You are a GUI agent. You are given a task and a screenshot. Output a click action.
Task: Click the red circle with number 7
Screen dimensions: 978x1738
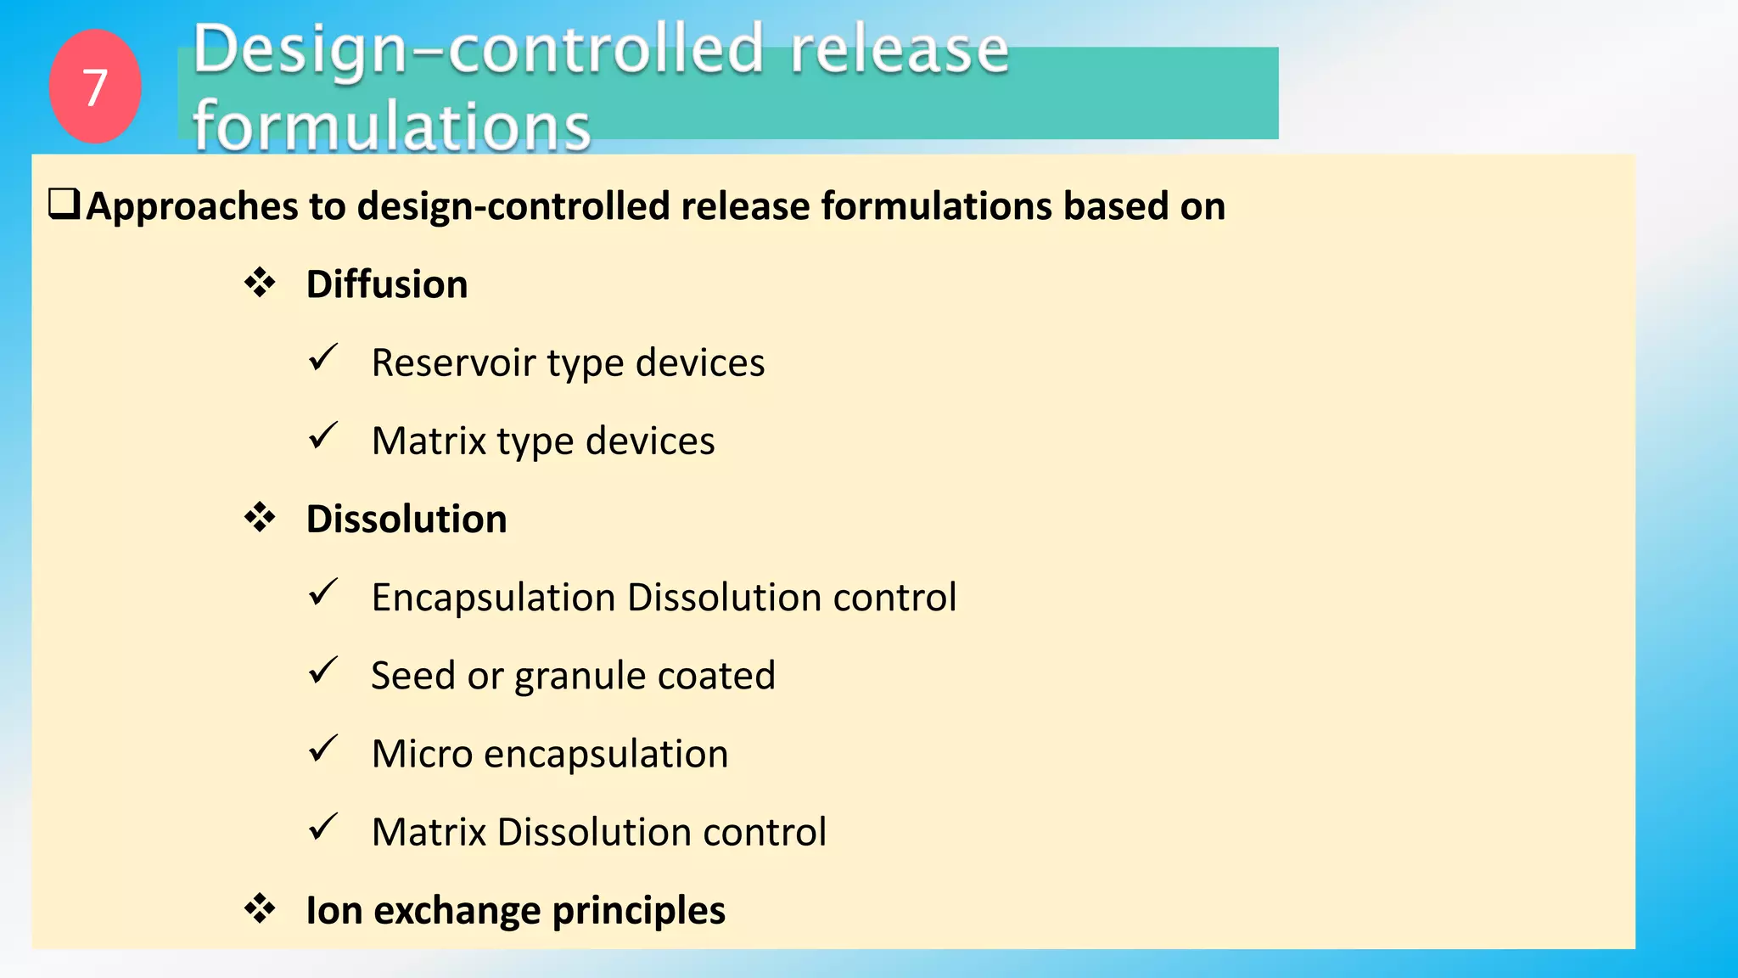(x=95, y=87)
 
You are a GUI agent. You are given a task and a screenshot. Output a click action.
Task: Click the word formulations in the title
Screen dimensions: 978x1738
(x=391, y=126)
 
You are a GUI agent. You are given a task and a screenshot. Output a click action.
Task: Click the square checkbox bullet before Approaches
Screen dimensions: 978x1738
(x=64, y=205)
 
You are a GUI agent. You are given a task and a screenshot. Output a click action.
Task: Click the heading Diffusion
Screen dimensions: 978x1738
(x=386, y=284)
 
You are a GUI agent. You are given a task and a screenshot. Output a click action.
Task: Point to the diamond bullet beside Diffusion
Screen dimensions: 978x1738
(x=260, y=283)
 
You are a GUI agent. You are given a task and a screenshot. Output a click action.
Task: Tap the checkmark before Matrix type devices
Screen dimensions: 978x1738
(x=323, y=436)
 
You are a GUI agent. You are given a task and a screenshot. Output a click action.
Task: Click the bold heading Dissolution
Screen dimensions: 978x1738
(x=406, y=519)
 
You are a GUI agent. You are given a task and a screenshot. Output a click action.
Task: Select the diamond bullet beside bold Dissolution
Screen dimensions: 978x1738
(x=260, y=517)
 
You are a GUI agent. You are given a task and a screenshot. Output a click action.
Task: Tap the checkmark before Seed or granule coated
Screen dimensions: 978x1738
(x=323, y=671)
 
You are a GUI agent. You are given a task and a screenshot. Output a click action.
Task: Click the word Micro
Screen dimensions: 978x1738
(x=422, y=754)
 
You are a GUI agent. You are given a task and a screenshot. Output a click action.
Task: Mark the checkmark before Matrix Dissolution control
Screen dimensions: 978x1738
(x=323, y=827)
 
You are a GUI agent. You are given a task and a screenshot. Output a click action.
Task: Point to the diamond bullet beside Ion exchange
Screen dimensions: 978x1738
(x=260, y=908)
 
